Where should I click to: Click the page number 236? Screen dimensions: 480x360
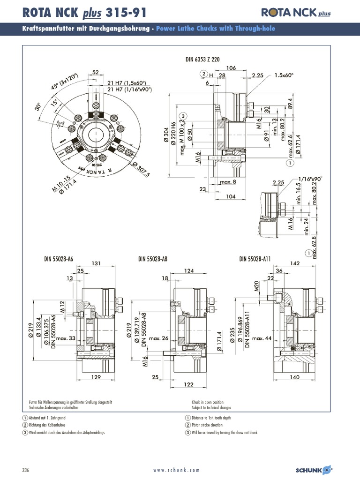pos(26,470)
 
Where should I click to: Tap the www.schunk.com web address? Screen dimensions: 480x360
pos(176,470)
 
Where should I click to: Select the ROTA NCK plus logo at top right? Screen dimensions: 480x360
pos(296,13)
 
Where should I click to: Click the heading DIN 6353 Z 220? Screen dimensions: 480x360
pos(203,60)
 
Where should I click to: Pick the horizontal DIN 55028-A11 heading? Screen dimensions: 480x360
pos(256,259)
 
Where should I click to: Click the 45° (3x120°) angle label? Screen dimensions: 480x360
pos(65,83)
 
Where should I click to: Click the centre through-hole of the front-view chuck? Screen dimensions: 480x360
pos(96,135)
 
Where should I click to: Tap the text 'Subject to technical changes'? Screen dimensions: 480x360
pos(211,408)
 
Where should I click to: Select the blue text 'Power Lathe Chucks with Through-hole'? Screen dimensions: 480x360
pos(215,29)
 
